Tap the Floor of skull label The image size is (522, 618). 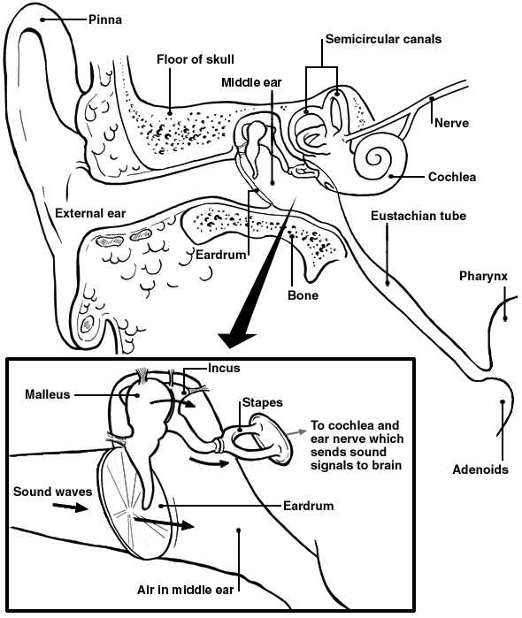196,60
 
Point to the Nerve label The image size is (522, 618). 450,124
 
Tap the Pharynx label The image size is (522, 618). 483,276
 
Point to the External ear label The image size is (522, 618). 90,213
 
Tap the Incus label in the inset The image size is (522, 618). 224,366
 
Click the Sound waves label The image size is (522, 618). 50,488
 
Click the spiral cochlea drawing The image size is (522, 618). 375,162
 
